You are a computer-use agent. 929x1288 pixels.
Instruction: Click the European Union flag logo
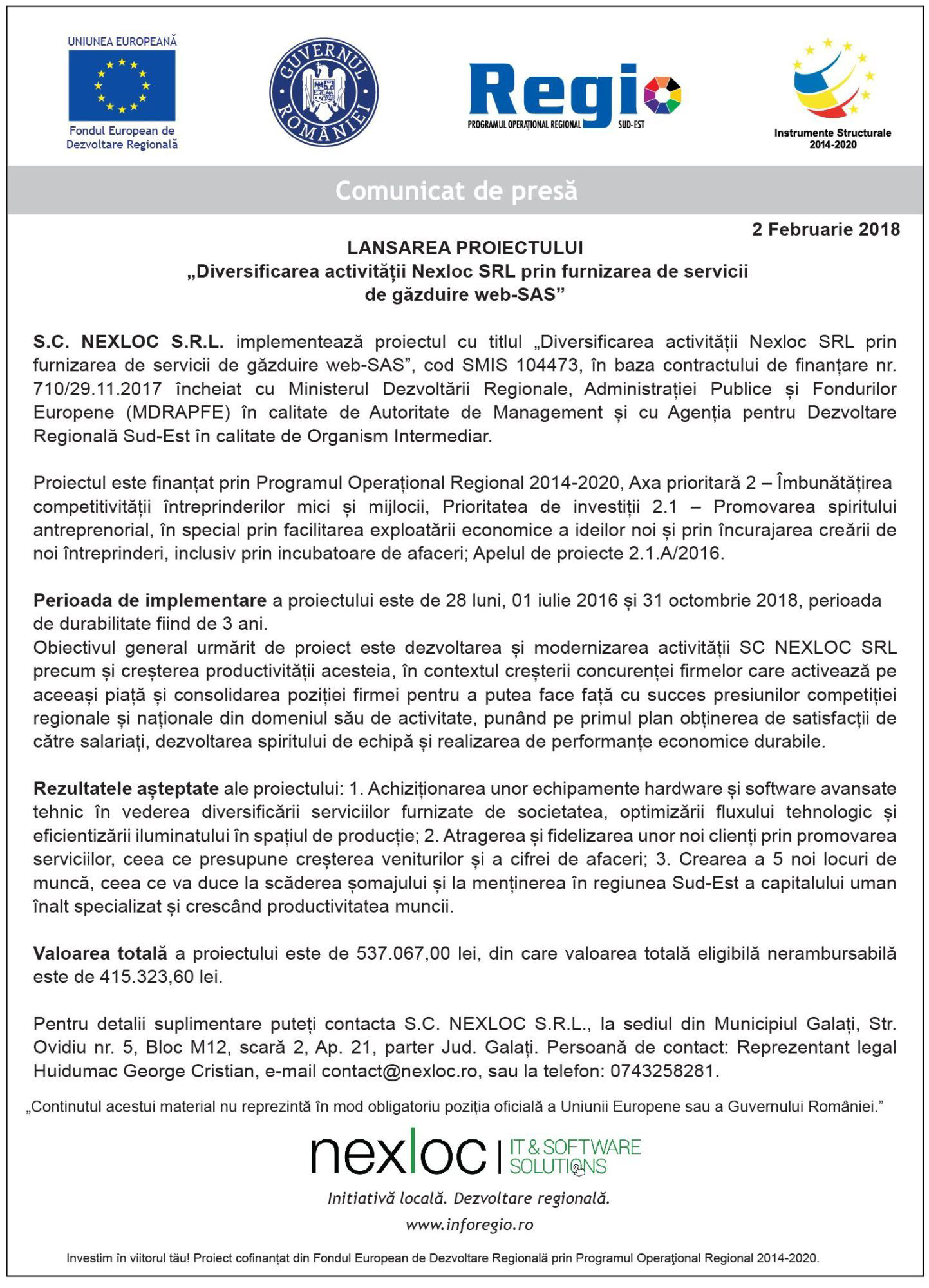coord(122,86)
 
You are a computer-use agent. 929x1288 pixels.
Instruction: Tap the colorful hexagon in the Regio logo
coord(661,95)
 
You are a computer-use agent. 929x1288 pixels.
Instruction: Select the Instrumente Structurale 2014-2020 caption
coord(832,138)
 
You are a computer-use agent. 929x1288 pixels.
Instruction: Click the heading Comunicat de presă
coord(456,191)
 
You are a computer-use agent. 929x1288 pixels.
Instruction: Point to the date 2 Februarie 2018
coord(825,229)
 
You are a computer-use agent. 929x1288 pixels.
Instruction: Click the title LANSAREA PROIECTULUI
coord(465,248)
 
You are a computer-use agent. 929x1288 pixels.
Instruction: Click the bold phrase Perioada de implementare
coord(149,600)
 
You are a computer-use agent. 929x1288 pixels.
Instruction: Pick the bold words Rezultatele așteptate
coord(126,788)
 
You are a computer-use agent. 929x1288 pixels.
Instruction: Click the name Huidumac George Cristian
coord(144,1071)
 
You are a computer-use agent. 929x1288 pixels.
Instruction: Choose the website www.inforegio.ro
coord(469,1224)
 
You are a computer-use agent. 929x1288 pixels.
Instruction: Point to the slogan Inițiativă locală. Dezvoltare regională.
coord(469,1198)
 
